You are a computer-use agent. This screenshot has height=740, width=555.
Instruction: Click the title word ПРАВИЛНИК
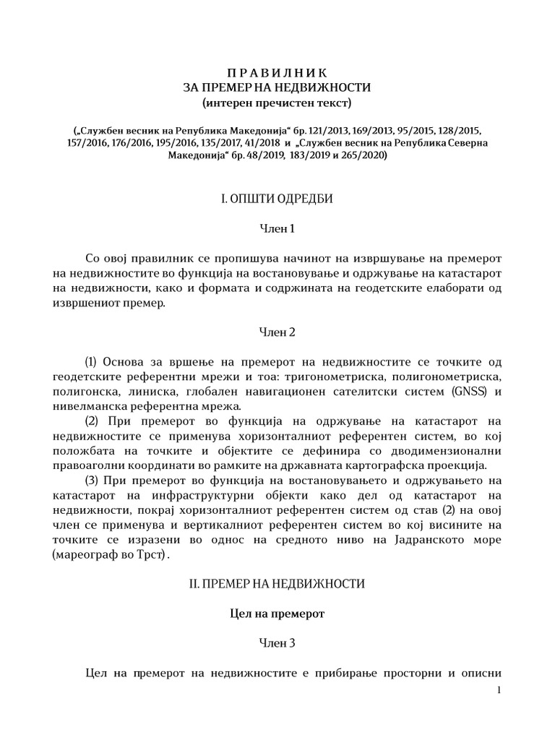tap(277, 72)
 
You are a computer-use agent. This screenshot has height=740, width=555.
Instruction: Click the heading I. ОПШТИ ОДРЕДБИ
tap(277, 198)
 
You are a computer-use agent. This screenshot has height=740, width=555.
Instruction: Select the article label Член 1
tap(277, 229)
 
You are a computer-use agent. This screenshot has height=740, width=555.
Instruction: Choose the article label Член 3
tap(277, 642)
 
